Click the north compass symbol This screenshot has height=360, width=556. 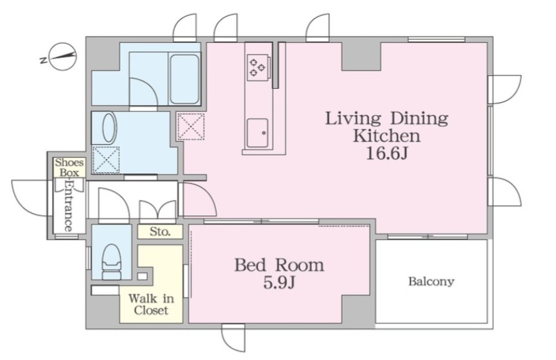click(x=62, y=56)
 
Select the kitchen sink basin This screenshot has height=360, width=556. click(x=258, y=132)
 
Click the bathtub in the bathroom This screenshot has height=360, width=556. click(x=184, y=79)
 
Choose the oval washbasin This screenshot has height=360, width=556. click(x=109, y=128)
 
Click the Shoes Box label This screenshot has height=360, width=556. click(x=69, y=167)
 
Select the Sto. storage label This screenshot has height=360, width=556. click(x=160, y=232)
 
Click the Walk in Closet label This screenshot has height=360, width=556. click(x=151, y=304)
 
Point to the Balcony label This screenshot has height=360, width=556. click(x=431, y=282)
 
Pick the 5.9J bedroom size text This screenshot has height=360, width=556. click(x=280, y=283)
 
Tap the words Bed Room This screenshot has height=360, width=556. click(x=280, y=265)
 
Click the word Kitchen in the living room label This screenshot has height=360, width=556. click(x=386, y=136)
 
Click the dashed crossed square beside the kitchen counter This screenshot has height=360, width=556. click(x=191, y=127)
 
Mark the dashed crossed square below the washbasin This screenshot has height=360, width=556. click(x=106, y=159)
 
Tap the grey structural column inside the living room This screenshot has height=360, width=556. click(x=361, y=57)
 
